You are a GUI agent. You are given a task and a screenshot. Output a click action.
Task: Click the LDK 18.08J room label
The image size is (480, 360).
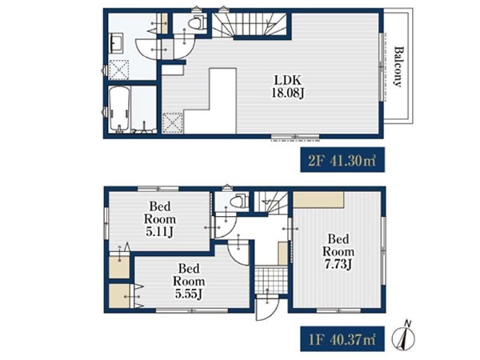click(x=287, y=86)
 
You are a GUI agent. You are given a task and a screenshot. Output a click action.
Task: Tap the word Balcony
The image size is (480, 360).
click(x=398, y=66)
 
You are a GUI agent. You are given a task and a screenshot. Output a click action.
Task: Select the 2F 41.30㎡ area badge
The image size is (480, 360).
click(x=342, y=160)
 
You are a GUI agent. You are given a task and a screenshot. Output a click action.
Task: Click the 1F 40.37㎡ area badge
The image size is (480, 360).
click(x=342, y=339)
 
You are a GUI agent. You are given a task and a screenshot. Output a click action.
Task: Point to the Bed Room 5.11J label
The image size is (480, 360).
click(x=160, y=219)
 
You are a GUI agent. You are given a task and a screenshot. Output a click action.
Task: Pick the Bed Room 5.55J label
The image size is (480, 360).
click(x=189, y=282)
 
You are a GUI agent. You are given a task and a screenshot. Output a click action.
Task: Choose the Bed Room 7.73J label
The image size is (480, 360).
click(x=338, y=252)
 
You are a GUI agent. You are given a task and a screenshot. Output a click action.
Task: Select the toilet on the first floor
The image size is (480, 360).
click(x=238, y=201)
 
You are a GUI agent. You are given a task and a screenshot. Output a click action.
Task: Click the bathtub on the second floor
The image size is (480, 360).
click(x=120, y=109)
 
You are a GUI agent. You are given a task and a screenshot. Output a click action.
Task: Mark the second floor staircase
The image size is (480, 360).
click(x=250, y=25)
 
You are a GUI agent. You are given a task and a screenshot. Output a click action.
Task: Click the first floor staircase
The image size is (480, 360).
click(x=271, y=202)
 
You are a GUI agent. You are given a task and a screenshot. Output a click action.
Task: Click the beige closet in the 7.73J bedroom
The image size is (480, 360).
click(x=318, y=199)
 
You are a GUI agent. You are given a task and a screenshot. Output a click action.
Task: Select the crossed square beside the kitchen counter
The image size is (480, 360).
click(x=173, y=123)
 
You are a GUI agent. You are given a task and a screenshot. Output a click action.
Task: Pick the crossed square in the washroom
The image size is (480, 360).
click(x=118, y=70)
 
